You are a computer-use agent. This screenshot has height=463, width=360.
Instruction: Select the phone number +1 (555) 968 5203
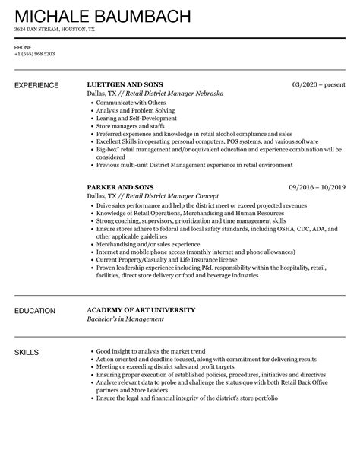[35, 54]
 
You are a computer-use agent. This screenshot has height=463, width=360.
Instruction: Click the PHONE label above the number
[23, 47]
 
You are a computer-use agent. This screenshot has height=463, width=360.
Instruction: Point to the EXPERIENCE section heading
[36, 84]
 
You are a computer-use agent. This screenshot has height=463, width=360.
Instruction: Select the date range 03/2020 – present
[318, 84]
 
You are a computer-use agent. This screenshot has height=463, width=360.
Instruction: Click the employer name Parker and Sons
[120, 187]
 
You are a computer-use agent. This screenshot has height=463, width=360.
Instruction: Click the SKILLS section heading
[27, 353]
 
